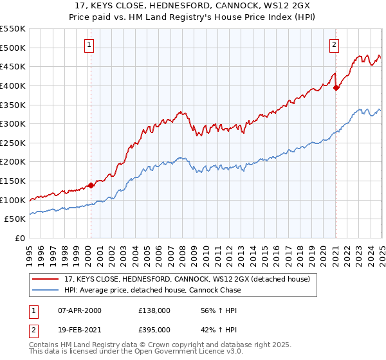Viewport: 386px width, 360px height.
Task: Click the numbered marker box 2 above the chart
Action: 335,45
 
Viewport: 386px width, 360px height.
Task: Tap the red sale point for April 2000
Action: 91,185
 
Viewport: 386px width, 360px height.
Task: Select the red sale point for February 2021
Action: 336,88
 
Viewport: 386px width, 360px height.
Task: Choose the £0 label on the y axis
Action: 19,238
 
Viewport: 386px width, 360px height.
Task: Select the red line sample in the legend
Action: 46,279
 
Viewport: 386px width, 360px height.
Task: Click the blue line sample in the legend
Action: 46,290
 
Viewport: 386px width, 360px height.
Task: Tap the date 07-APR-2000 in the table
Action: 80,310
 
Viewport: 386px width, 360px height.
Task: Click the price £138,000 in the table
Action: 154,310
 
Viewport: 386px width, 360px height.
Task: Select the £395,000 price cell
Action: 154,330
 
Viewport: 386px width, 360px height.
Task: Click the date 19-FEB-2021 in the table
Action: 80,330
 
